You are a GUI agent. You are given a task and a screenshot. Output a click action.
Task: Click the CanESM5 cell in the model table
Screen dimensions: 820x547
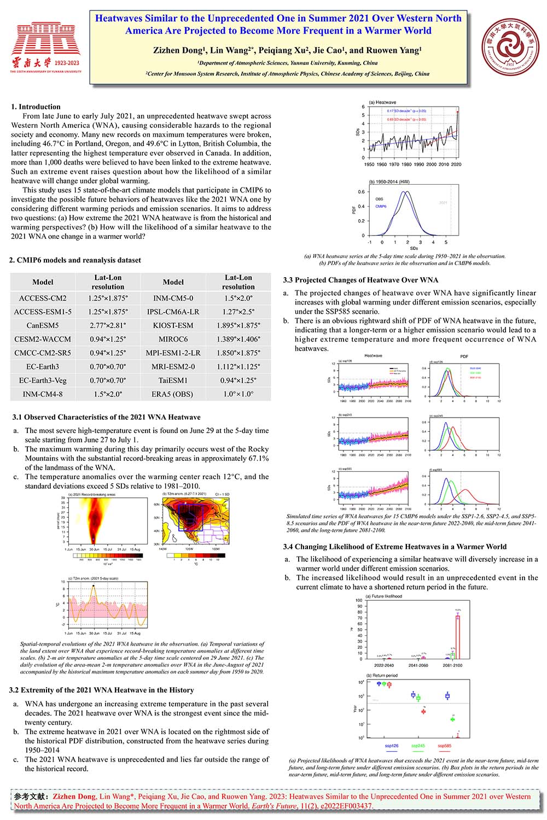[x=43, y=325]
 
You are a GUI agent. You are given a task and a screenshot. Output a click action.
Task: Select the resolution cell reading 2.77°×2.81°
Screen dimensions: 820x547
[x=108, y=325]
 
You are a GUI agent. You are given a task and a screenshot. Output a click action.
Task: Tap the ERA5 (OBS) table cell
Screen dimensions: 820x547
[x=173, y=394]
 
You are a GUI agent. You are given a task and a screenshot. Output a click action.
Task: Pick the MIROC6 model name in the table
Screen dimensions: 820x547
[x=173, y=339]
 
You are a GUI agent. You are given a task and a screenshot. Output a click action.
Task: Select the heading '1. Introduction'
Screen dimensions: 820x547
[x=36, y=107]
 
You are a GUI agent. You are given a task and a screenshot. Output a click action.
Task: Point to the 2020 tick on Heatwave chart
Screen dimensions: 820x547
[x=456, y=164]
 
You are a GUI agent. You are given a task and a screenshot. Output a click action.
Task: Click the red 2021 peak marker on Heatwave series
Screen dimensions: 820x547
[x=458, y=112]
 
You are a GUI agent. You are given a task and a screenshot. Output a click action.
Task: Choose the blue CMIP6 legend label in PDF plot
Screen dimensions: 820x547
[x=381, y=207]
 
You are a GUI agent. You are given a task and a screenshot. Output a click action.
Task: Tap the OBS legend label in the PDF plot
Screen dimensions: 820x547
[x=379, y=199]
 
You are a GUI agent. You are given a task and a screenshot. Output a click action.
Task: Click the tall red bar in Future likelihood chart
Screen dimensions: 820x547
[x=457, y=637]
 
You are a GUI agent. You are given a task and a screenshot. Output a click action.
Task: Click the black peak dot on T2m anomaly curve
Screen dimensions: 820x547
[x=94, y=586]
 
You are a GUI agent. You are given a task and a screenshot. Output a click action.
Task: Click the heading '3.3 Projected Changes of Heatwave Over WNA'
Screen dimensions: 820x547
[x=360, y=280]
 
